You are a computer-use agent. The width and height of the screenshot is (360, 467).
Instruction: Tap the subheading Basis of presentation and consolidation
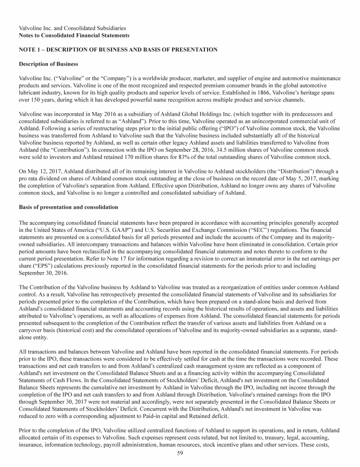(68, 207)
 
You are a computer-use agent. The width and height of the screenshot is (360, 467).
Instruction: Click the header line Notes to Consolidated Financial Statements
(74, 35)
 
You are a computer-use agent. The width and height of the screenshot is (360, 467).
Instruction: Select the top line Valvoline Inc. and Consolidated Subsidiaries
(72, 28)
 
